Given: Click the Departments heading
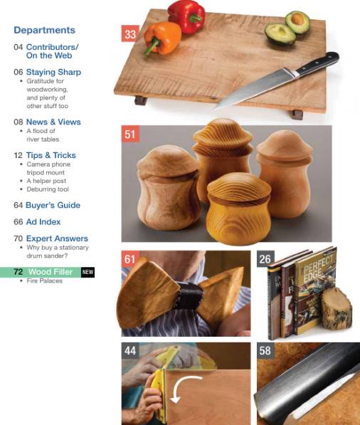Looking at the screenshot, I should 44,31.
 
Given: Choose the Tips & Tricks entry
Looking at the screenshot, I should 44,155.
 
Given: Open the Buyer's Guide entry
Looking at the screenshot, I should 46,205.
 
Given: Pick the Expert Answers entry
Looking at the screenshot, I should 51,238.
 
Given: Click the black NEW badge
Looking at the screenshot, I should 88,272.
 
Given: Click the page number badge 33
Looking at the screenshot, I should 129,33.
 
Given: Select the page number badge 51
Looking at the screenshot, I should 129,134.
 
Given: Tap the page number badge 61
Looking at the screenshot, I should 129,259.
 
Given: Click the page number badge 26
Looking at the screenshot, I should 265,259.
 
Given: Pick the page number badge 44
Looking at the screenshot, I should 129,350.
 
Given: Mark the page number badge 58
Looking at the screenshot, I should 265,350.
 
